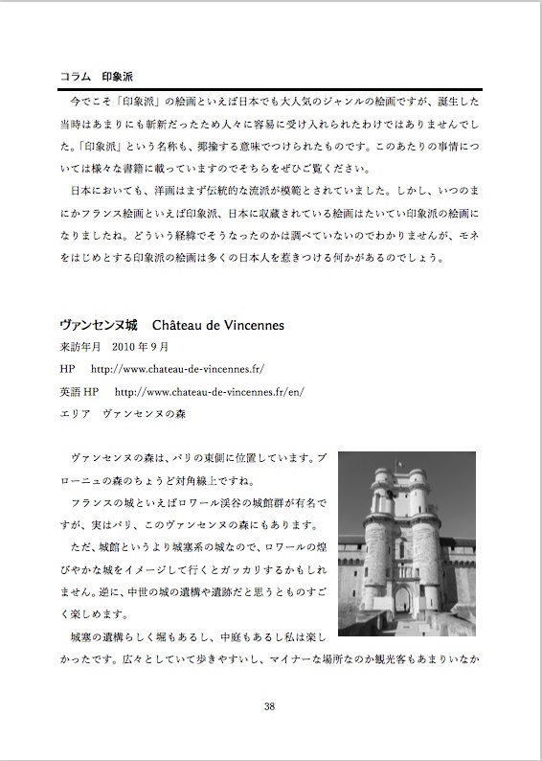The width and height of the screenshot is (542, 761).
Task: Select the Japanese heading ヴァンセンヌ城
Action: click(98, 326)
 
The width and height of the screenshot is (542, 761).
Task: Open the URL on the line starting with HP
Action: click(176, 369)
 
